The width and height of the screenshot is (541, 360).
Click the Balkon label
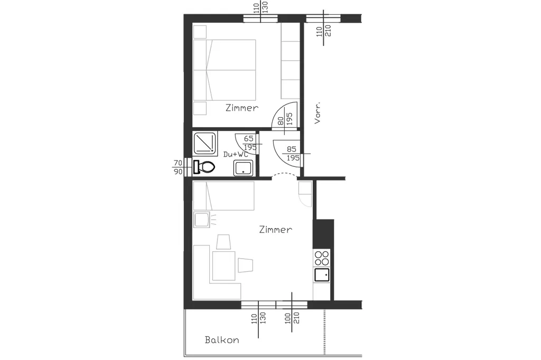click(222, 340)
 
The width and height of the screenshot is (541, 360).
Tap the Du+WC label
click(236, 154)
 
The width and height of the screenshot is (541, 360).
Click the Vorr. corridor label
click(318, 112)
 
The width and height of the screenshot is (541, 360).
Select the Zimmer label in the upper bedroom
click(242, 108)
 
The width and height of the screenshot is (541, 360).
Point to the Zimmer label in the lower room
click(276, 229)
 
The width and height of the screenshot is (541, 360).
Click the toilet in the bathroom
click(204, 167)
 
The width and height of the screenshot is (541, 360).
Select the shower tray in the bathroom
click(204, 143)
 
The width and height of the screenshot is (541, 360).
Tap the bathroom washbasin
click(243, 168)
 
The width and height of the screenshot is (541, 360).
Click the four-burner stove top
click(322, 258)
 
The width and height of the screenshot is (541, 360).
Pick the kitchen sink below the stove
click(322, 275)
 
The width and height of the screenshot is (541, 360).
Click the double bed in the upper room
click(224, 70)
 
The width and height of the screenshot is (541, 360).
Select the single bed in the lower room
click(223, 196)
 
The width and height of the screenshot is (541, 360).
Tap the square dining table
click(224, 266)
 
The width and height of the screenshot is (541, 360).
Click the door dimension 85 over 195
click(292, 154)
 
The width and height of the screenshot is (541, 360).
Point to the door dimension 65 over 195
click(250, 143)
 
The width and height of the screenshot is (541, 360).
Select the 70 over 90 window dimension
click(178, 167)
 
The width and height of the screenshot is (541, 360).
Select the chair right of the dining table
click(245, 265)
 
